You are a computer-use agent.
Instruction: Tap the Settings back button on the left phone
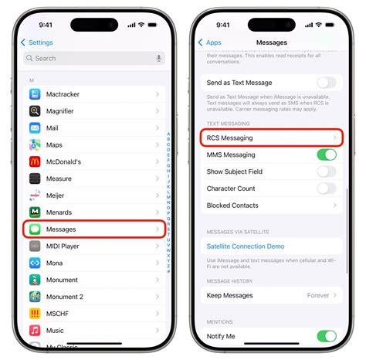tap(37, 42)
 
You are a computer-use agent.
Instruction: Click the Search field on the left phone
tap(85, 58)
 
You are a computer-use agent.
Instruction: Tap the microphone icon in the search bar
tap(159, 58)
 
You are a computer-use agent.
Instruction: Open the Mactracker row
tap(93, 94)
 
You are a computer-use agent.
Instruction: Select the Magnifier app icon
tap(35, 111)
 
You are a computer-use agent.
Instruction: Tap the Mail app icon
tap(35, 128)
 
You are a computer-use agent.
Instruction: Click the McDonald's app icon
tap(35, 161)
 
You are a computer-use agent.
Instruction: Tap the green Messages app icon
tap(35, 229)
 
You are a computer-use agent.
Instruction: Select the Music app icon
tap(35, 331)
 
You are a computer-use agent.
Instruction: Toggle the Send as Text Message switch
tap(326, 83)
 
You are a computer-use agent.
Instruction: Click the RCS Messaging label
tap(230, 138)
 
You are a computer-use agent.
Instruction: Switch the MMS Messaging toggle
tap(326, 155)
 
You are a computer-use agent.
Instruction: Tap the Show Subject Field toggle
tap(326, 172)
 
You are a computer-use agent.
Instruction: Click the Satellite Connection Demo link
tap(246, 246)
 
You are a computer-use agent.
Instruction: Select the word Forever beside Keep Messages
tap(317, 295)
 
